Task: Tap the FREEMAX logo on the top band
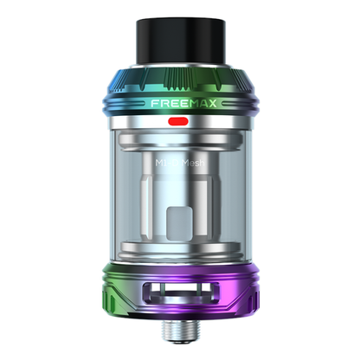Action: coord(181,101)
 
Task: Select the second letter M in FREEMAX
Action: coord(188,101)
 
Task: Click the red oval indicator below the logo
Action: coord(180,121)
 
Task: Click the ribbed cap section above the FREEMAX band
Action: coord(180,80)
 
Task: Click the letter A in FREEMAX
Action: coord(198,101)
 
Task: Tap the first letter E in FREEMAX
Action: coord(170,101)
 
